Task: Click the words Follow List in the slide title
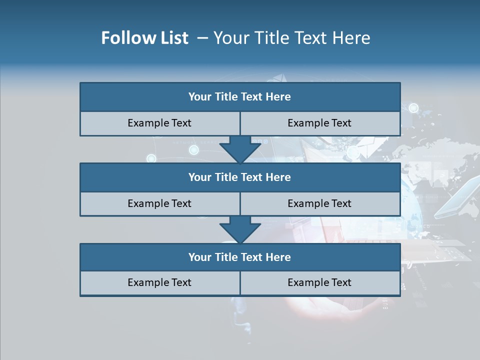point(144,38)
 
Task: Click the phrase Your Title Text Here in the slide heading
point(291,38)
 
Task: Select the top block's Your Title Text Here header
point(239,97)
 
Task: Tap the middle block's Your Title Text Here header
point(239,177)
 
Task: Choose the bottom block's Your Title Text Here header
point(239,257)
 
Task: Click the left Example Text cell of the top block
point(159,123)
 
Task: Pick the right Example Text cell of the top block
point(319,123)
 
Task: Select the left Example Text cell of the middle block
point(159,203)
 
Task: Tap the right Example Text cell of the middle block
point(319,203)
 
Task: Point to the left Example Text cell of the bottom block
point(159,282)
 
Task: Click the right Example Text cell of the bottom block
point(319,282)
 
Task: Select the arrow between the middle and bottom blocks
point(240,229)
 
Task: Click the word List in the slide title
point(171,38)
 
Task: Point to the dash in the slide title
point(202,38)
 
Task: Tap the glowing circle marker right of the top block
point(413,107)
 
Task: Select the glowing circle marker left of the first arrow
point(151,158)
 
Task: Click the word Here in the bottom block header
point(278,257)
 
